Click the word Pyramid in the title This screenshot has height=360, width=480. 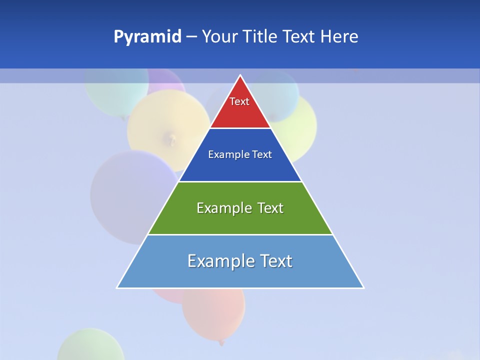coord(147,37)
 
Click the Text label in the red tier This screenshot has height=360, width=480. coord(239,101)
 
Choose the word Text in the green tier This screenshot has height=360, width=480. coord(270,208)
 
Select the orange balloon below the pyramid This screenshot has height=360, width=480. coord(214,312)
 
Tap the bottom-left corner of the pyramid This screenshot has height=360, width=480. coord(117,287)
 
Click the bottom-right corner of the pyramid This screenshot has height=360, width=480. coord(363,287)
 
